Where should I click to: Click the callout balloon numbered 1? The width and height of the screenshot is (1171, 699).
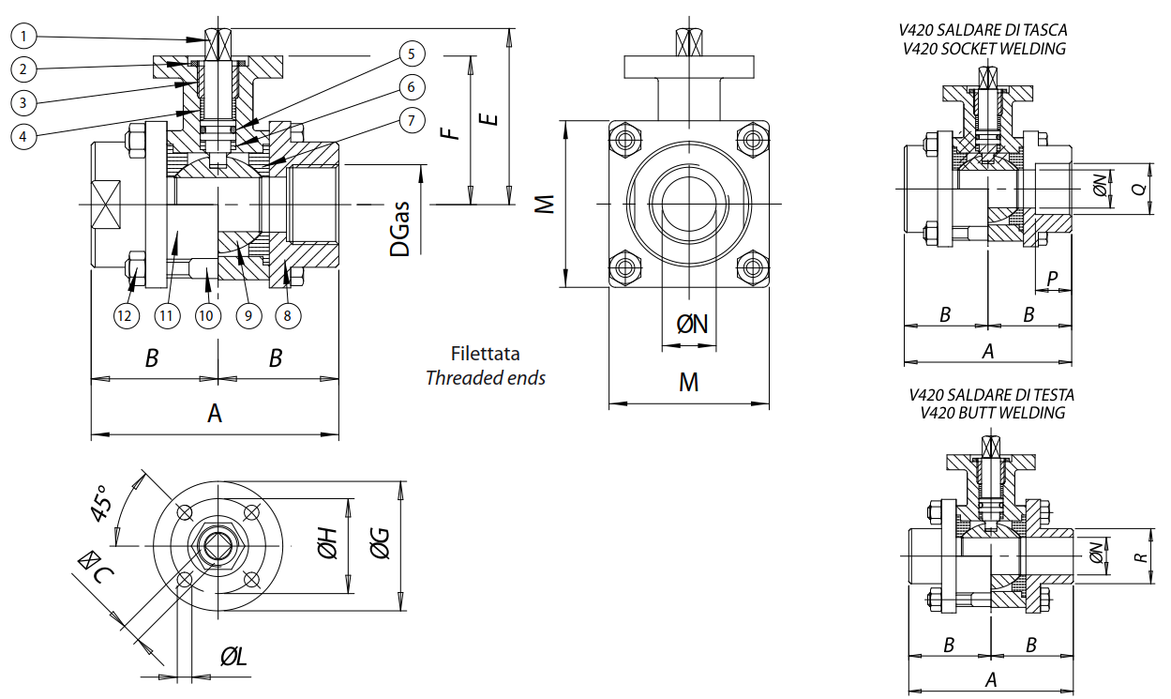24,37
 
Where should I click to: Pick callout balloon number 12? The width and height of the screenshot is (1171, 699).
125,315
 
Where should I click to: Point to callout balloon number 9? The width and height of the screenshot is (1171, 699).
248,315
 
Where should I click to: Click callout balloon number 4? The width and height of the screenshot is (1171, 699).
24,135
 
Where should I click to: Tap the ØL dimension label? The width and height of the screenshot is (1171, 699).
233,658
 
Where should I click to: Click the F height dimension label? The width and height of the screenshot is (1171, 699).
453,129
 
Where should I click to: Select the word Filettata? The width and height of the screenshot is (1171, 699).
485,355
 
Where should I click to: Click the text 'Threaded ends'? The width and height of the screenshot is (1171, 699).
485,378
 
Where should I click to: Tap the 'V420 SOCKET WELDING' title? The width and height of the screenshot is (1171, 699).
983,49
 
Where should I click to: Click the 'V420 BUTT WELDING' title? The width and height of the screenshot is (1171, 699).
992,412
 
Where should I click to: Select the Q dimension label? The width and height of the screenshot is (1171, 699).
1139,189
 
